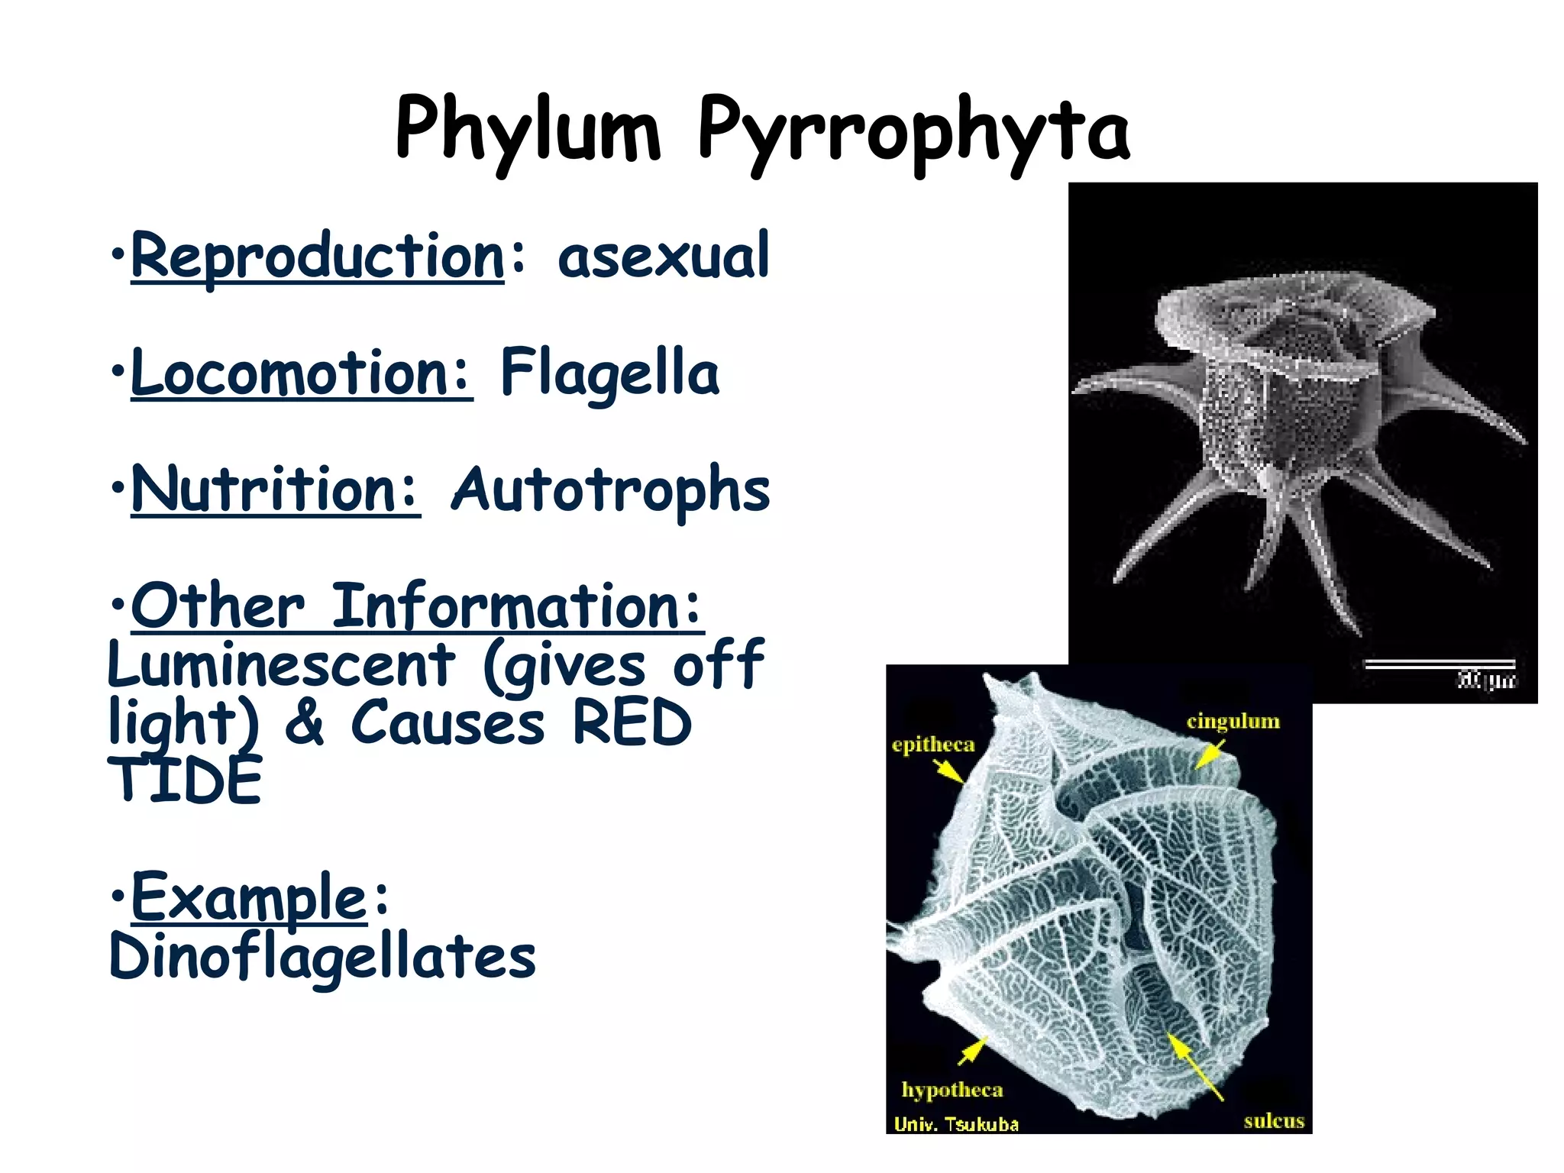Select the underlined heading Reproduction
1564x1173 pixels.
318,257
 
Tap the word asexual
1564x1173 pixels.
663,257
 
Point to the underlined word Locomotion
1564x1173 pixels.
301,373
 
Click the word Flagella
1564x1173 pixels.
609,373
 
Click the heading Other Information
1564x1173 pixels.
417,606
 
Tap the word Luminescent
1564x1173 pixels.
281,664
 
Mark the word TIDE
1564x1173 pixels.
185,780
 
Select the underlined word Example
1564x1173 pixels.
249,898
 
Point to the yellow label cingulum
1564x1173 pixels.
1233,721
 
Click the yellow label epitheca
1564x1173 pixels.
933,745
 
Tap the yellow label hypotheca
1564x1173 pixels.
952,1089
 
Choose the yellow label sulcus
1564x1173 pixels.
1274,1121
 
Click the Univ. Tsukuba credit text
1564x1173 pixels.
956,1124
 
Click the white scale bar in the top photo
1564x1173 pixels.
1440,664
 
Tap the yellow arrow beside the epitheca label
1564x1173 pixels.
949,772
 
